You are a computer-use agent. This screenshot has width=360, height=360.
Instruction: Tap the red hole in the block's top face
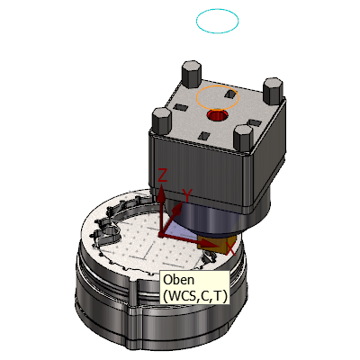pyautogui.click(x=218, y=115)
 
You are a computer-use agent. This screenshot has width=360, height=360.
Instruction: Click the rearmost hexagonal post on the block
pyautogui.click(x=191, y=74)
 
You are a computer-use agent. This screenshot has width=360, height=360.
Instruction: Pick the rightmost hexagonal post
pyautogui.click(x=273, y=91)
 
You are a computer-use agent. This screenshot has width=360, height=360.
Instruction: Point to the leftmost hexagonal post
pyautogui.click(x=162, y=121)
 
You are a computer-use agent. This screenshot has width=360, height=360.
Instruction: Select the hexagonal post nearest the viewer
pyautogui.click(x=243, y=139)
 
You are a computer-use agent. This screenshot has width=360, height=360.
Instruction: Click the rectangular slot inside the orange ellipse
pyautogui.click(x=230, y=94)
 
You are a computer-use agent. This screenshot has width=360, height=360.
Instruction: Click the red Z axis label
pyautogui.click(x=162, y=175)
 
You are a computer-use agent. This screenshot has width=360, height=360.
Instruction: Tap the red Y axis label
pyautogui.click(x=187, y=195)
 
